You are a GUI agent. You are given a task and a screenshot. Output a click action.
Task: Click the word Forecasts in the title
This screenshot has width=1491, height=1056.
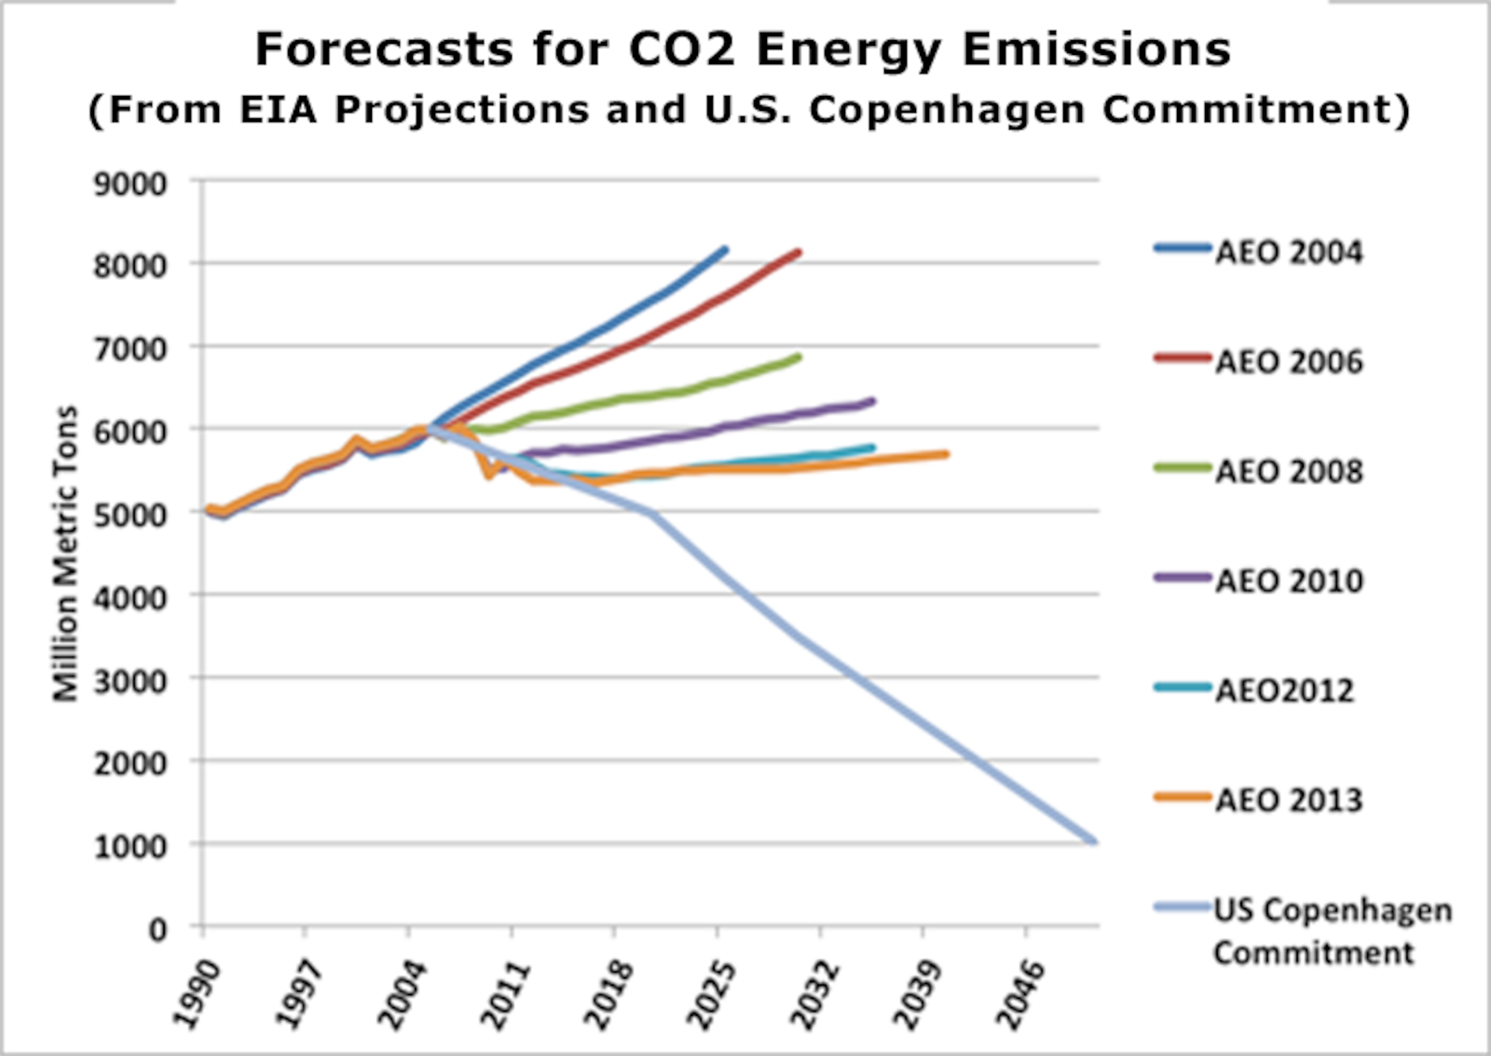point(384,50)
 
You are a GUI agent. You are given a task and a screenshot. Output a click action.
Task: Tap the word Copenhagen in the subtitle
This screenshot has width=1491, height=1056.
point(946,109)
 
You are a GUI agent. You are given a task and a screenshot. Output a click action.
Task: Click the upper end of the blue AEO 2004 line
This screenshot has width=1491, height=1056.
point(725,249)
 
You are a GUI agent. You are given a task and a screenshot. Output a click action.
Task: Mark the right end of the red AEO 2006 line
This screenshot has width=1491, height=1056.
point(798,252)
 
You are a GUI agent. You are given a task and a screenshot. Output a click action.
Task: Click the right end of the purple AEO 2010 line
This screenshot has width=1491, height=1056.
point(873,401)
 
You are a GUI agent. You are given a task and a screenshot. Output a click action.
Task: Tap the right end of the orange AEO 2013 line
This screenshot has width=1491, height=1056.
point(946,454)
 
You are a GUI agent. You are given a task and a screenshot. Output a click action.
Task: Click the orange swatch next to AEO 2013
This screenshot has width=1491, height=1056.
point(1183,796)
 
